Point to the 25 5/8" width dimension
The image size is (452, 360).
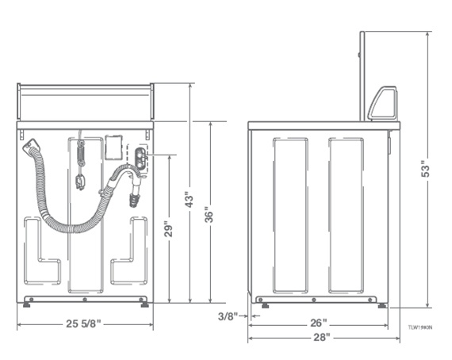84,324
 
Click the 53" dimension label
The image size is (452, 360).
425,169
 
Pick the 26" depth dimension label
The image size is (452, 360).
319,323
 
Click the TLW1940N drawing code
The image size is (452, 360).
420,326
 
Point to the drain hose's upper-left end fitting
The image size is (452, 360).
32,146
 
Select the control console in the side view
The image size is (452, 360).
382,104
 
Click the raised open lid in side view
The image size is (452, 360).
362,75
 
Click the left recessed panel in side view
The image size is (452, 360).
289,214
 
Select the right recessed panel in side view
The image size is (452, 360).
346,214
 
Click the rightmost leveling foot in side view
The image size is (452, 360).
381,304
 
